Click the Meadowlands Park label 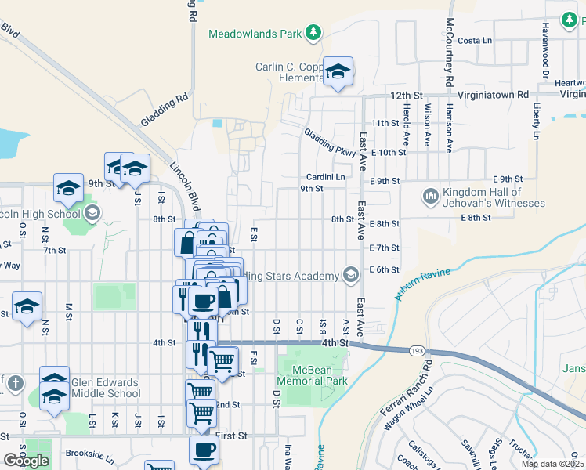coord(255,34)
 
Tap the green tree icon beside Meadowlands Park coord(313,32)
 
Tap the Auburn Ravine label coord(423,284)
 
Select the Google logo coord(26,461)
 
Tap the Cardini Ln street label coord(325,177)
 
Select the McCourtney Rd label coord(450,52)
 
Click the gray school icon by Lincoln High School coord(92,213)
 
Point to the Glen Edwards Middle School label coord(105,389)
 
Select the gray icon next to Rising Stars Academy coord(351,274)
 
